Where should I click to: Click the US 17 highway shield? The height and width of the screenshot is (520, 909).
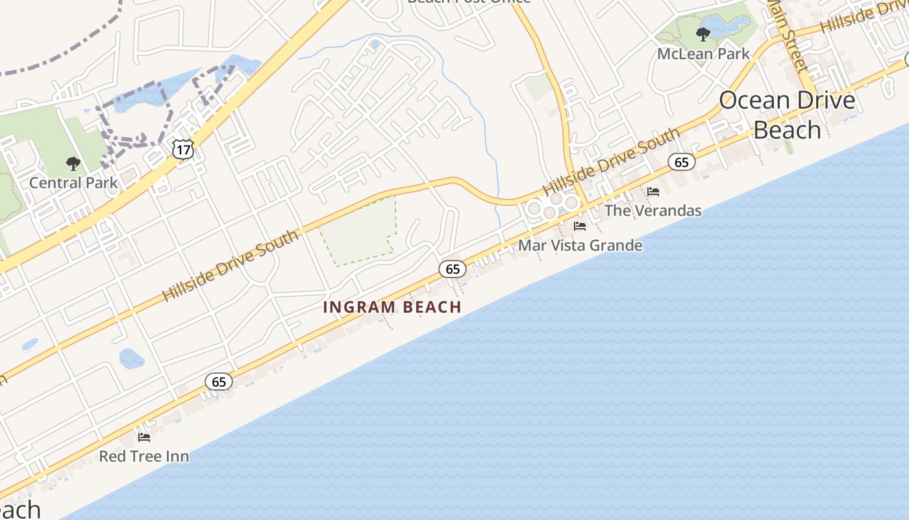tap(183, 149)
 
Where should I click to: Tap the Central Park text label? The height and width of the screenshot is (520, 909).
tap(73, 183)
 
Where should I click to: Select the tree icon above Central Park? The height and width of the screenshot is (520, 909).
tap(73, 163)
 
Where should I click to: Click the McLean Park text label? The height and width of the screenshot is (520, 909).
tap(703, 54)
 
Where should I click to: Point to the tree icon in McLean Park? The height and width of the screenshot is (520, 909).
tap(703, 34)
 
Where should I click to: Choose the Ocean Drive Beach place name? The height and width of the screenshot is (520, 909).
tap(787, 115)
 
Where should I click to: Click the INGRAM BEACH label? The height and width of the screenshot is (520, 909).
tap(392, 307)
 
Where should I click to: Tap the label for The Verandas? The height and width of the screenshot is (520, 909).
tap(653, 211)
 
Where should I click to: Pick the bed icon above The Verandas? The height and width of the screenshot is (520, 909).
tap(653, 192)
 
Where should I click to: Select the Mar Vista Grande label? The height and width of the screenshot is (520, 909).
tap(580, 246)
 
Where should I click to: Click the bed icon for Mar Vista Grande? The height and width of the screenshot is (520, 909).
tap(580, 226)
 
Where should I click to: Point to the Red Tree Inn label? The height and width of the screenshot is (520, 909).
tap(143, 456)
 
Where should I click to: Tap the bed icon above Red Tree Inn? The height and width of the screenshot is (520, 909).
tap(144, 437)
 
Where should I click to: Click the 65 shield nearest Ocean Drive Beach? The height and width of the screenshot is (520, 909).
tap(681, 162)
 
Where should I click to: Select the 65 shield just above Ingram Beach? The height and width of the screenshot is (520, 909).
tap(453, 268)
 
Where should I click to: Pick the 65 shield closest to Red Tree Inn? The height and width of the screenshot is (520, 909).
tap(219, 382)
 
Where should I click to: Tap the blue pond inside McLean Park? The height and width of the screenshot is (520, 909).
tap(721, 25)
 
